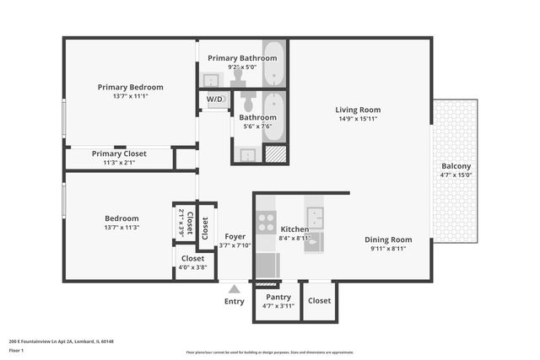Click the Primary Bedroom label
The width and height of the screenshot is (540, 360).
(130, 87)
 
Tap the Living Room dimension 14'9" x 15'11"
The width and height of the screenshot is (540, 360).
(358, 119)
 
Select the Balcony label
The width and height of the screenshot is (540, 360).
(456, 166)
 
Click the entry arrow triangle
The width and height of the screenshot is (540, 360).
(234, 288)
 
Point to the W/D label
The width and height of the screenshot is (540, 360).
(215, 99)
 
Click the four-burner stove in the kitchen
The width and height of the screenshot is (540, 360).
(266, 222)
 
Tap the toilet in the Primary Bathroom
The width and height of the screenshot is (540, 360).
(238, 78)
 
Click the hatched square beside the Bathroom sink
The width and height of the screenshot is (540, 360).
(275, 154)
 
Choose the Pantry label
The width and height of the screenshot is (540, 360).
(278, 297)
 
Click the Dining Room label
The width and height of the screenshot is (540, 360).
(388, 239)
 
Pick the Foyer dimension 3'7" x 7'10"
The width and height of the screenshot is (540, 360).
(235, 245)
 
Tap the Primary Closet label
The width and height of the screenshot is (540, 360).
(119, 153)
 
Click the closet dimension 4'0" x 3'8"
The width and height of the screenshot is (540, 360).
(192, 267)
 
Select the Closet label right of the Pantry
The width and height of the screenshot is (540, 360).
(320, 300)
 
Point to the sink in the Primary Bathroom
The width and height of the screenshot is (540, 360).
(212, 80)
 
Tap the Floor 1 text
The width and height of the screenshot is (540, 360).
(16, 350)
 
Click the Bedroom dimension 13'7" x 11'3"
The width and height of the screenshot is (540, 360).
(121, 227)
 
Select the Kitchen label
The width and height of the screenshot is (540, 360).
(294, 229)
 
